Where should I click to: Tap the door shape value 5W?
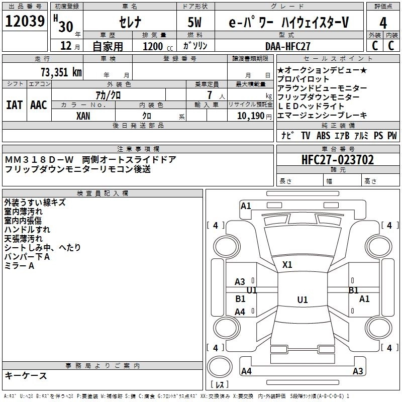pos(196,23)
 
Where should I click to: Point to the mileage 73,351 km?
pos(61,72)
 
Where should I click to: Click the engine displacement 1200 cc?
pos(154,46)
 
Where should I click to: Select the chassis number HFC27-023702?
pos(338,160)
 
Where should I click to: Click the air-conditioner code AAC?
pos(38,105)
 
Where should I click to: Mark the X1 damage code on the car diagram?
pos(287,265)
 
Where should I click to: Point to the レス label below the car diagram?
pos(220,385)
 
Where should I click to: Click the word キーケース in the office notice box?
pos(26,376)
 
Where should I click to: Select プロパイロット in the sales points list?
pos(304,79)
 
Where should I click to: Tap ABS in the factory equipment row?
pos(323,136)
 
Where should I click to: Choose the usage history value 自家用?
pos(108,46)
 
